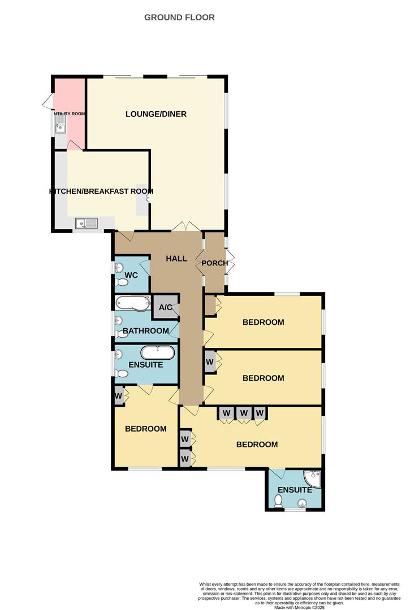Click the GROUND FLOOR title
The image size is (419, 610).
pos(179,18)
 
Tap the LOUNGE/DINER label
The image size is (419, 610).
pos(156,114)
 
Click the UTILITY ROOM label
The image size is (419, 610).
pos(70,114)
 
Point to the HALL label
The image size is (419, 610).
pos(176,259)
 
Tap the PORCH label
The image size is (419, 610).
pos(215,263)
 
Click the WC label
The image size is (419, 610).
pos(131,275)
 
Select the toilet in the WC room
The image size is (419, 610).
pos(121,281)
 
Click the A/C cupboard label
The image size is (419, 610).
pos(165,308)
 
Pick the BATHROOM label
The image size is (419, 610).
pos(146,331)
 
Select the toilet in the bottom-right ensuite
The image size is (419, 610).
pos(278,500)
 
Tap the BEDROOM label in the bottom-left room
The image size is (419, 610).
pos(146,429)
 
